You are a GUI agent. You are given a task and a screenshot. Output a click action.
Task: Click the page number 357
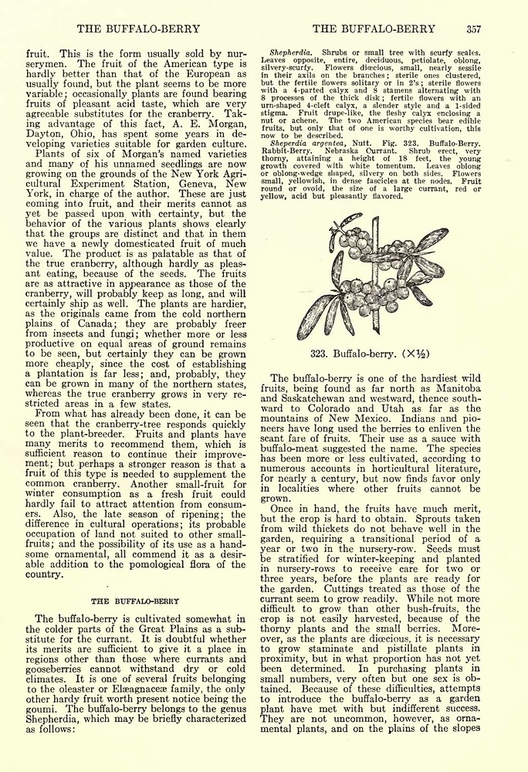click(473, 29)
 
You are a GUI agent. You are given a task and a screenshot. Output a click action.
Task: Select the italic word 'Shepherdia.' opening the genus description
click(289, 52)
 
